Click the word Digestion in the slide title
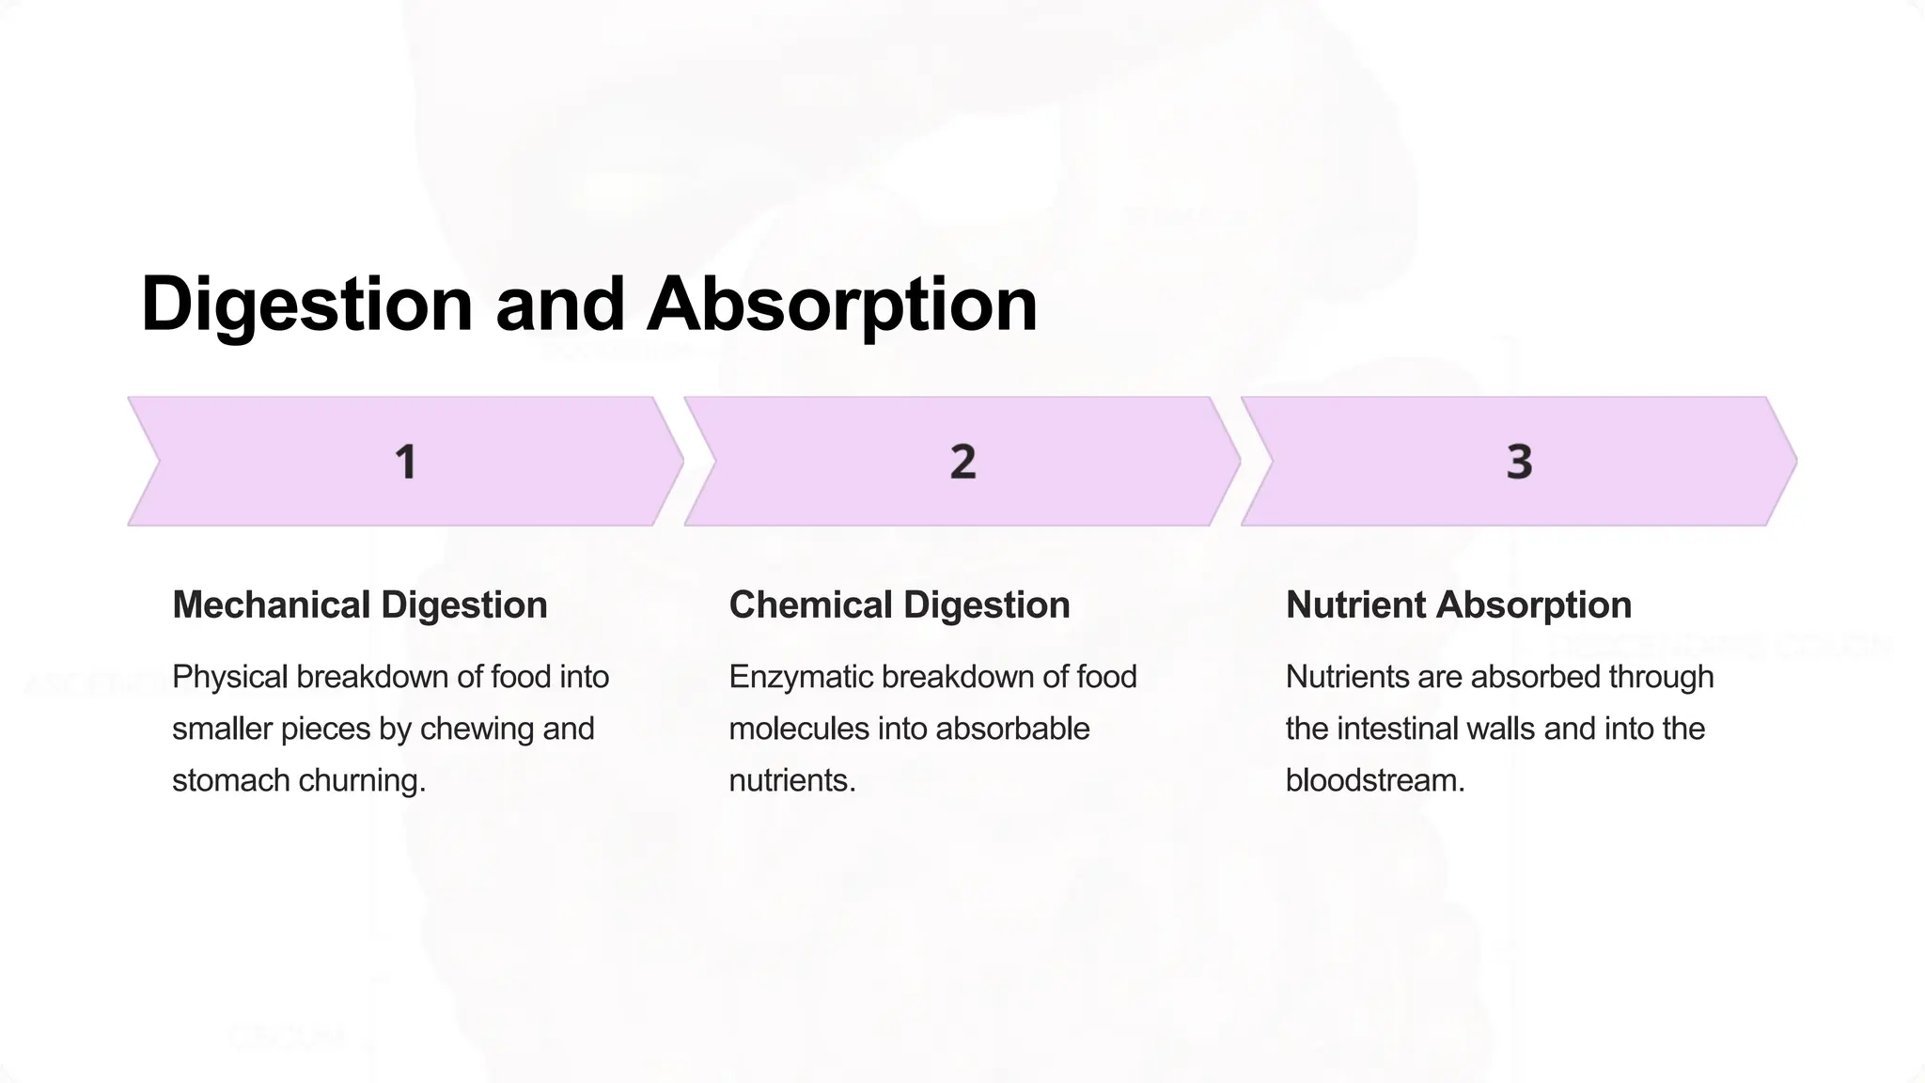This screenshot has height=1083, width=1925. pos(306,305)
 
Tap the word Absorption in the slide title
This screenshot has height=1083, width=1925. pos(842,305)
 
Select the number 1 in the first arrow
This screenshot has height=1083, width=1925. pos(405,462)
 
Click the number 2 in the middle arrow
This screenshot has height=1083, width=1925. pos(962,462)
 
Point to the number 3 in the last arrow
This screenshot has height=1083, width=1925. pos(1519,462)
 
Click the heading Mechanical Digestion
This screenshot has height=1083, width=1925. pos(360,604)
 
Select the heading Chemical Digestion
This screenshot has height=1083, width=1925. pos(900,604)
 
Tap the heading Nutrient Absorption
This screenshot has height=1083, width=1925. pos(1458,604)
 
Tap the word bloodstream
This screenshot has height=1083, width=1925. pos(1375,780)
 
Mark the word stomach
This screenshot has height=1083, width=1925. pos(231,780)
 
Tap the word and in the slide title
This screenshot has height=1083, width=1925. pos(560,305)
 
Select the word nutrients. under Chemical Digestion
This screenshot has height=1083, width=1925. pos(792,780)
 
